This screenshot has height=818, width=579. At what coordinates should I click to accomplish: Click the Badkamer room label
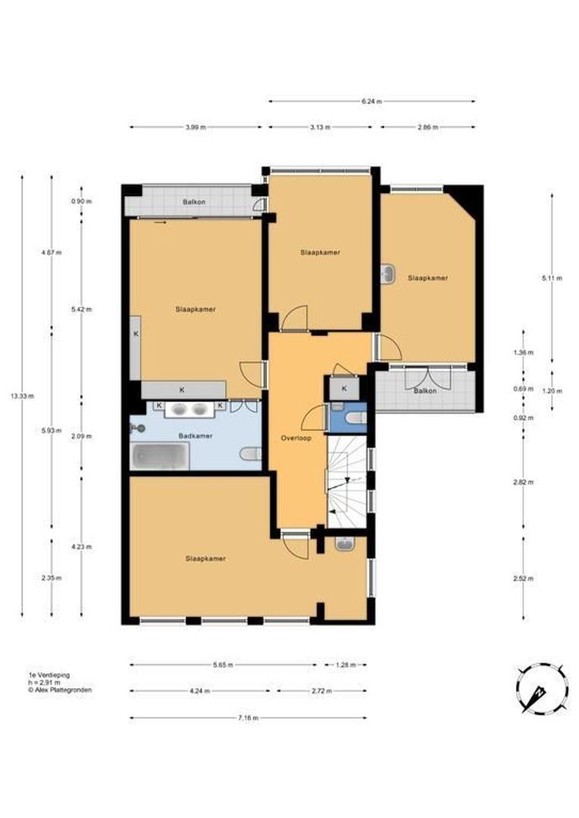[x=196, y=436]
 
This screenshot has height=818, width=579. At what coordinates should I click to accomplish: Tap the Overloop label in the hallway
[x=296, y=438]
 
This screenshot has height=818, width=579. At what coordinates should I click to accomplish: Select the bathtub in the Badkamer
[x=160, y=457]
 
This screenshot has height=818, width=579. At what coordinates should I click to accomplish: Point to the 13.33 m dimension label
[x=22, y=395]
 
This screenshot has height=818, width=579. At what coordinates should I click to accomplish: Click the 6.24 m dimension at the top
[x=372, y=101]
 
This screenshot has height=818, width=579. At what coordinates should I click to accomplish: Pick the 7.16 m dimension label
[x=248, y=718]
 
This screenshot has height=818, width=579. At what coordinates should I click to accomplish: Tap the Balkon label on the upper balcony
[x=194, y=202]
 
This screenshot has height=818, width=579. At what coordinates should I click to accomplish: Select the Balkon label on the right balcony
[x=425, y=390]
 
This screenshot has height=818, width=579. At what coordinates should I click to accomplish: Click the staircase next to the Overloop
[x=347, y=482]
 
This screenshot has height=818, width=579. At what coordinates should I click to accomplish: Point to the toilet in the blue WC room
[x=356, y=418]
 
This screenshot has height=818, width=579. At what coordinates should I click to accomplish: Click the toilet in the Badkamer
[x=251, y=454]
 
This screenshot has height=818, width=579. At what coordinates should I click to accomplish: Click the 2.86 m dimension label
[x=427, y=126]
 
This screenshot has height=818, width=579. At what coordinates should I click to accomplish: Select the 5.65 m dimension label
[x=223, y=665]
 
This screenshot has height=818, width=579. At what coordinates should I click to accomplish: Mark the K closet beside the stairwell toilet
[x=344, y=388]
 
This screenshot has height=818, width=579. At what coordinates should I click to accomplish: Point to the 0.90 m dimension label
[x=81, y=202]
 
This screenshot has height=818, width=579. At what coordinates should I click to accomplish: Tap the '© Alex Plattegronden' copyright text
[x=60, y=689]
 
